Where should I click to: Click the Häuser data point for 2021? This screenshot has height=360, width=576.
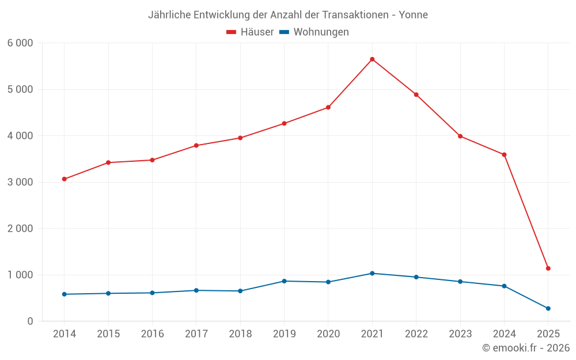[x=372, y=59]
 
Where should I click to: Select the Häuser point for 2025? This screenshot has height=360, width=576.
[x=548, y=268]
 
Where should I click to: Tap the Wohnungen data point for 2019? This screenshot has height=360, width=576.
[x=284, y=281]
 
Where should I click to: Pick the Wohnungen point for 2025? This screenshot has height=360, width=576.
[x=548, y=309]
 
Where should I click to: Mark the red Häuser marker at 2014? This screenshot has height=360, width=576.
[x=64, y=179]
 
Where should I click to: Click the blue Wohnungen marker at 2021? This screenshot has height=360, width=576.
[x=372, y=274]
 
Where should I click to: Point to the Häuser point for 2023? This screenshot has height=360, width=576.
[x=460, y=137]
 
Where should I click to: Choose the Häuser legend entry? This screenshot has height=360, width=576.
[x=250, y=32]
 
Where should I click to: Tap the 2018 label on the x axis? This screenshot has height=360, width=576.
[x=240, y=334]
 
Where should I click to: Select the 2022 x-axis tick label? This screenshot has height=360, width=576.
[x=416, y=334]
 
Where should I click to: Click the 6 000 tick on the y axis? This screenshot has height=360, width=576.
[x=21, y=43]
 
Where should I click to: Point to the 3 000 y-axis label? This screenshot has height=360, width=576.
[x=21, y=183]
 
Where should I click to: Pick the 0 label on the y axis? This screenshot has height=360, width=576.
[x=31, y=321]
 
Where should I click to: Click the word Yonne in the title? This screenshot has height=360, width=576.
[x=414, y=15]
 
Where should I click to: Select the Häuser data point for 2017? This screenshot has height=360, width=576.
[x=196, y=146]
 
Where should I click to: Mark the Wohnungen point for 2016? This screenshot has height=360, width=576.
[x=152, y=293]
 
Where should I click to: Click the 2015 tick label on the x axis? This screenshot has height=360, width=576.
[x=108, y=334]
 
